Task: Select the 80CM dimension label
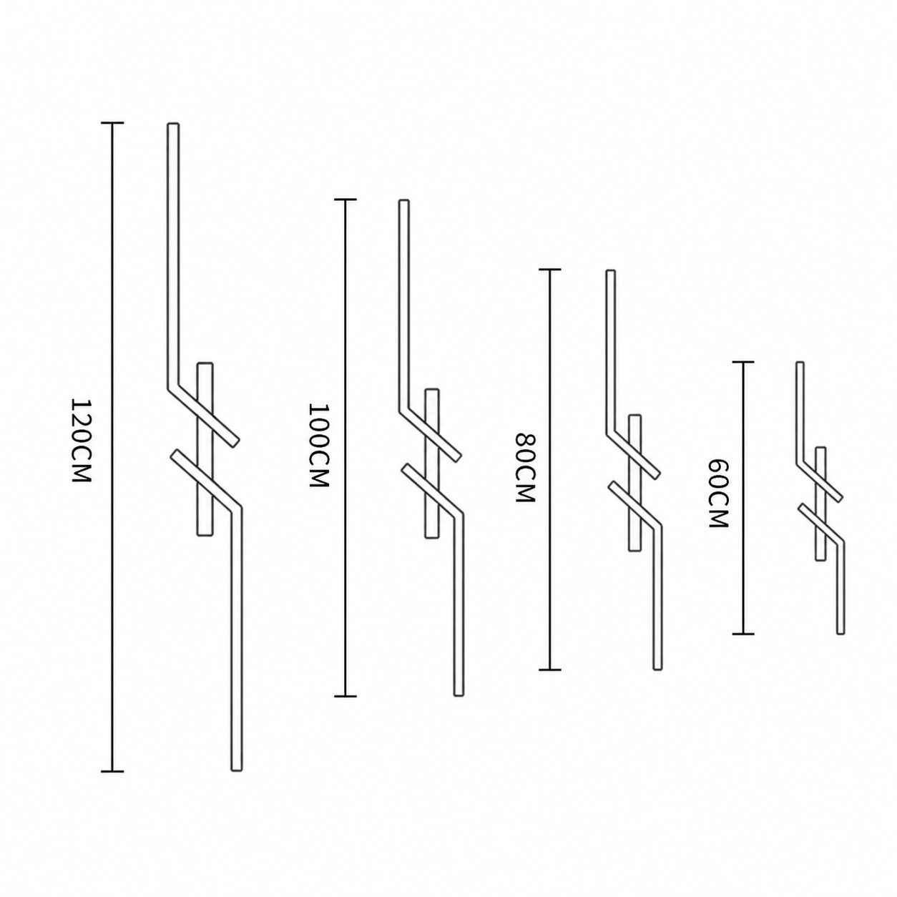(x=525, y=467)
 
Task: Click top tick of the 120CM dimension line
(x=112, y=123)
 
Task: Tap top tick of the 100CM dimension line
(x=345, y=200)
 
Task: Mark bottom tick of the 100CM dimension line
(x=345, y=697)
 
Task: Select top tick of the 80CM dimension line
(x=550, y=270)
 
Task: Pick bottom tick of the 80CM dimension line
(x=550, y=670)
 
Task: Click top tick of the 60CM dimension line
(x=743, y=362)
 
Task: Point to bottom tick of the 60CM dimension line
(x=743, y=634)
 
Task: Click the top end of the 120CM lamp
(x=173, y=124)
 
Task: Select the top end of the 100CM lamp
(x=404, y=200)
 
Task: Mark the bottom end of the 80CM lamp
(x=657, y=670)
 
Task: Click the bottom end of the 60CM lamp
(x=840, y=633)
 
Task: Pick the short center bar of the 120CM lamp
(x=205, y=449)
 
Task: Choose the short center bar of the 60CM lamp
(x=820, y=504)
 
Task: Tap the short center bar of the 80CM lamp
(x=634, y=483)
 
